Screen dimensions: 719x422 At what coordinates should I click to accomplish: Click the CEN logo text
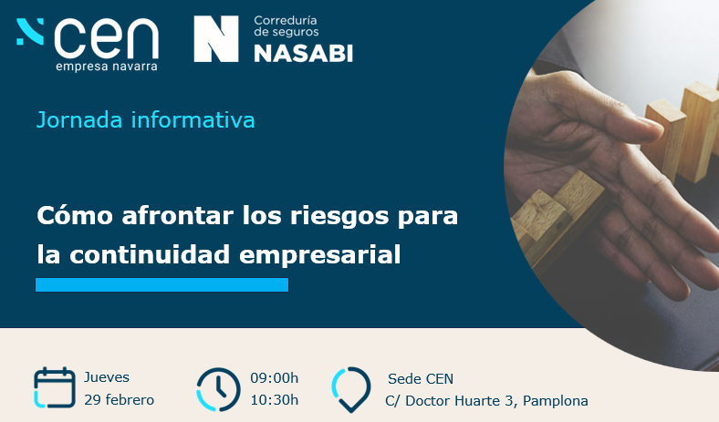107,38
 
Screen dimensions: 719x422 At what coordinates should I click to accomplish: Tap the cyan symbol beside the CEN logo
30,32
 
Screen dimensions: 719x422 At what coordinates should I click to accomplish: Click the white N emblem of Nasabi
216,39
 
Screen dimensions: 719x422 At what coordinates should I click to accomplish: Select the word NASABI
304,54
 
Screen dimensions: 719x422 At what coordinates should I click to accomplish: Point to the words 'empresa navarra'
107,67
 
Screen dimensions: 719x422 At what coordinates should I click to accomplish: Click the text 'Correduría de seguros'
287,26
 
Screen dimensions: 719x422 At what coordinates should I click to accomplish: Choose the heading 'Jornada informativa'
145,120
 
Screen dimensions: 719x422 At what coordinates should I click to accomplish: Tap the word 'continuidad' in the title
150,254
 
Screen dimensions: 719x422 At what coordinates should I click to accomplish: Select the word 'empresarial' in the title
320,255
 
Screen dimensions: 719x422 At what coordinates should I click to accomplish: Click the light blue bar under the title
162,284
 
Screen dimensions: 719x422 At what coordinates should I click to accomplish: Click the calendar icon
55,387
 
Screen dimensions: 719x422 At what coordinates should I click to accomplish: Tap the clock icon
218,389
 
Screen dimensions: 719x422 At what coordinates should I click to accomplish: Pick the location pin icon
350,389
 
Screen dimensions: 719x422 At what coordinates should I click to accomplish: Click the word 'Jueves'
107,377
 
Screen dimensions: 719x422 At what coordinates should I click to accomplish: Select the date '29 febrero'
120,400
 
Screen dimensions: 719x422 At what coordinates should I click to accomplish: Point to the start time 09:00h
275,378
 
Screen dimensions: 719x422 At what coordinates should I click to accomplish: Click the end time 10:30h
275,400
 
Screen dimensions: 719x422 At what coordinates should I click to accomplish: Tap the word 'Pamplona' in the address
556,401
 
